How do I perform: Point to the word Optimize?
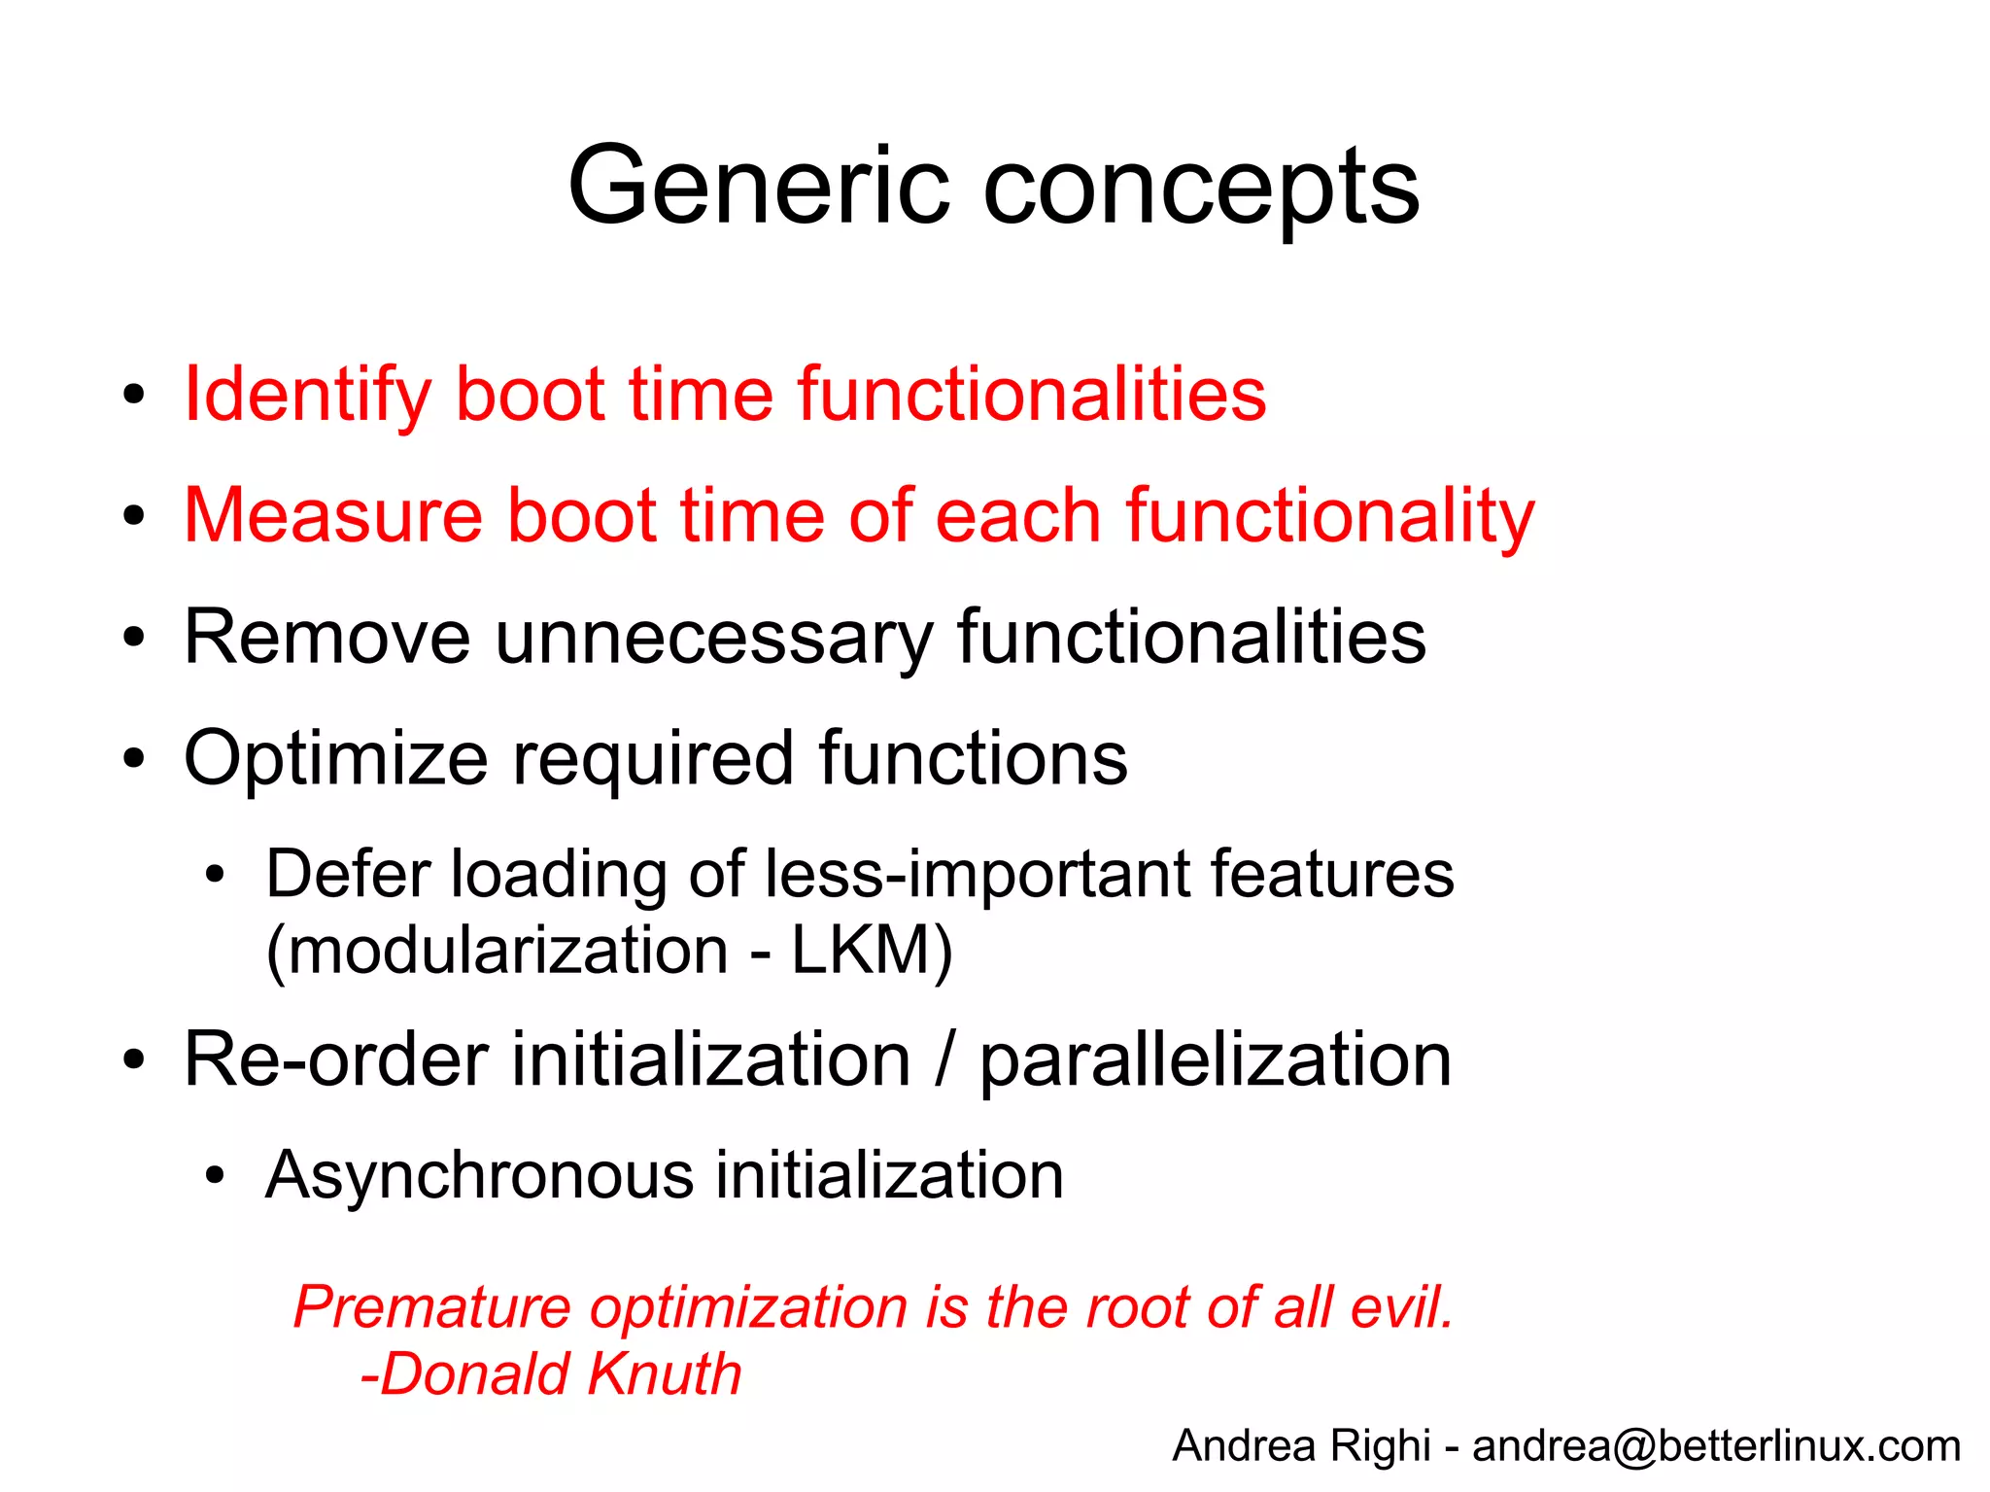point(335,759)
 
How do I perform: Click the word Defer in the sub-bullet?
point(345,874)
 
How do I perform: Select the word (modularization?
point(497,951)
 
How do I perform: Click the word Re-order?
point(335,1059)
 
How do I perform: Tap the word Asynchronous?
point(478,1176)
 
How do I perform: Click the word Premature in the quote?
point(431,1308)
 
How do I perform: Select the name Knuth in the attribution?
point(665,1374)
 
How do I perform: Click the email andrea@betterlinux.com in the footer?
point(1716,1446)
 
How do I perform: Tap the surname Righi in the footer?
point(1380,1446)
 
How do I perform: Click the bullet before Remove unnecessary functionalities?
point(134,639)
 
